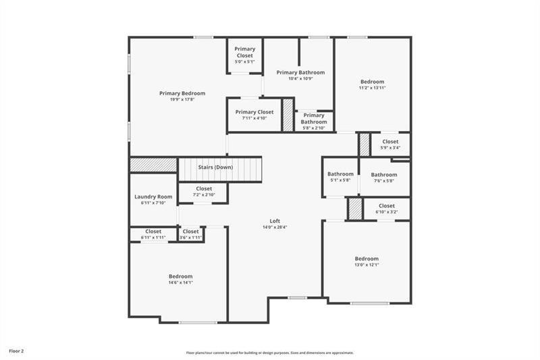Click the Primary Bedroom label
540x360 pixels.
point(182,93)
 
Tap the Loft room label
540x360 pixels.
point(275,221)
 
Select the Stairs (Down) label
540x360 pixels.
point(215,167)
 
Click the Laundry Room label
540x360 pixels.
point(153,197)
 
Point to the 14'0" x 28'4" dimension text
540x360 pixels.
point(275,227)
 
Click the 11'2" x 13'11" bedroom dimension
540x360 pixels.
point(372,88)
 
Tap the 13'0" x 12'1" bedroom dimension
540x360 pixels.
point(367,264)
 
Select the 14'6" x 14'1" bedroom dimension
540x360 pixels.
point(180,282)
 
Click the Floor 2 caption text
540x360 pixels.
point(16,351)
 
